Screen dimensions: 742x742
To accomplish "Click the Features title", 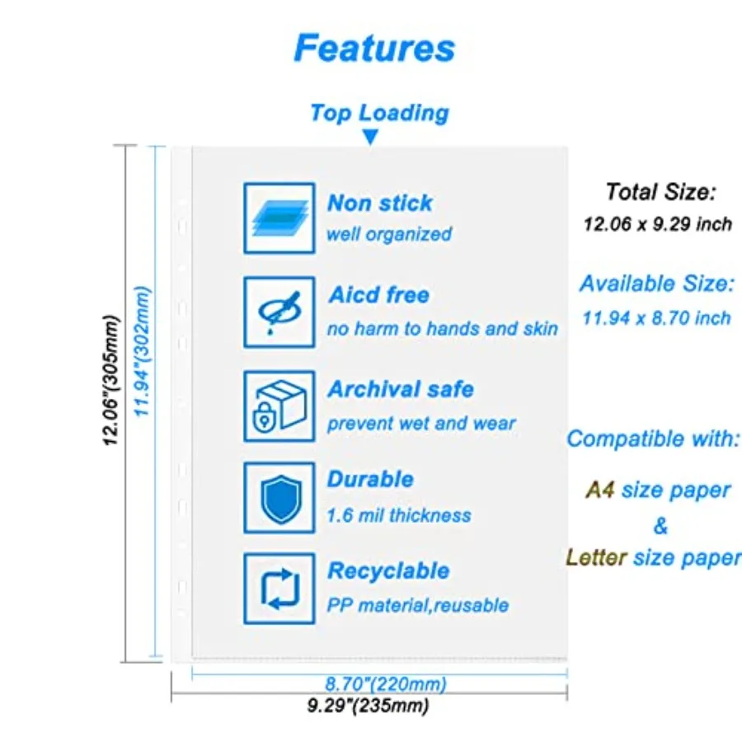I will [374, 48].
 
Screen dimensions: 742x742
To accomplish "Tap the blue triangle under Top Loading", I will [371, 138].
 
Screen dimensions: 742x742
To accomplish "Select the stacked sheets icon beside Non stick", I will [279, 218].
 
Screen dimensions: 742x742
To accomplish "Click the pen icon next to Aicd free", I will [279, 312].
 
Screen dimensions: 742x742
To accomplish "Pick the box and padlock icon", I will [279, 406].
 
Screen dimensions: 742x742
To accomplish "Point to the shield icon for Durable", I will [279, 498].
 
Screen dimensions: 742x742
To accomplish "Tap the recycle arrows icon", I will [279, 588].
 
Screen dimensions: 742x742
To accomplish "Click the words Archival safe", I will [401, 389].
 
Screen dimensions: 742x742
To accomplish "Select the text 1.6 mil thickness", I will [399, 516].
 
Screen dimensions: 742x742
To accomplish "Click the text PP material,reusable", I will [417, 606].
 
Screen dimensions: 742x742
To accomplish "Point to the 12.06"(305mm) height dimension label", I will [111, 380].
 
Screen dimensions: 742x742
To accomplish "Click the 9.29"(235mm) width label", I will [368, 706].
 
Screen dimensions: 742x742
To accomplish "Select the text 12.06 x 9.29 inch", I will [657, 224].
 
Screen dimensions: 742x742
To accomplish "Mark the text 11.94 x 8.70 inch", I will [656, 318].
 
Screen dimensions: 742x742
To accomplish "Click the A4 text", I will [600, 491].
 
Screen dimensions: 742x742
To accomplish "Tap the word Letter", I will [596, 558].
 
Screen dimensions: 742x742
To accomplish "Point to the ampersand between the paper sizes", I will [660, 525].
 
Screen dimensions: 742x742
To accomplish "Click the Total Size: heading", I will [660, 193].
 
